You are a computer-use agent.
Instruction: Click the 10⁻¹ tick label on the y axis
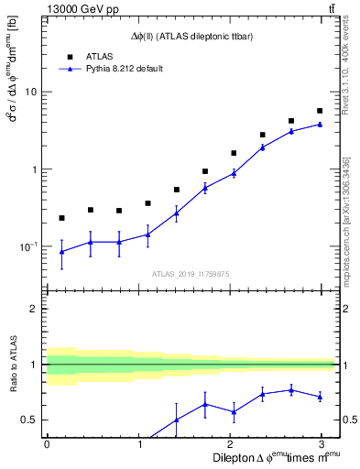[x=27, y=246]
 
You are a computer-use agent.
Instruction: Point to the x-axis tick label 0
[x=47, y=443]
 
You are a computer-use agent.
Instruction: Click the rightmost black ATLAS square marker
[x=320, y=111]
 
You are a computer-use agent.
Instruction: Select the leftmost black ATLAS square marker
[x=61, y=218]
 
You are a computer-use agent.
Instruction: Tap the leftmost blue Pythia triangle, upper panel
[x=61, y=252]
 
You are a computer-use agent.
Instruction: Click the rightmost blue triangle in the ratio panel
[x=320, y=397]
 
